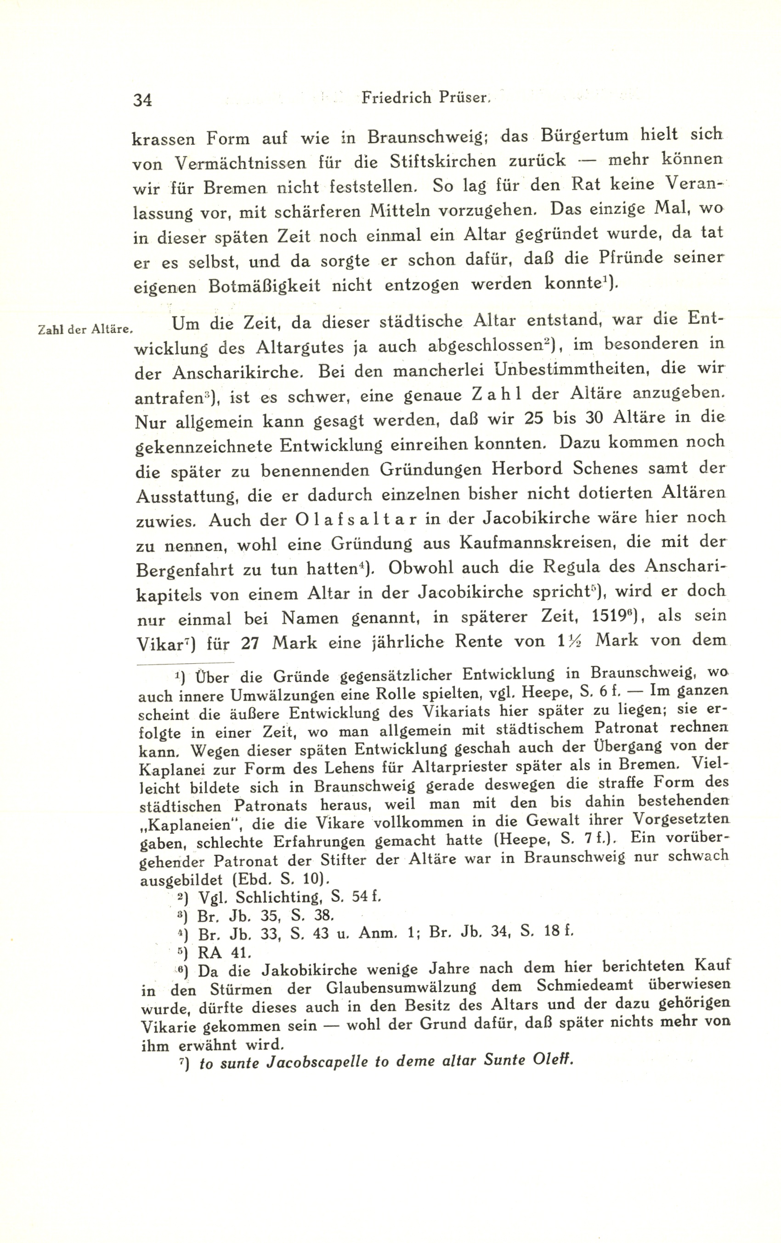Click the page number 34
pyautogui.click(x=142, y=99)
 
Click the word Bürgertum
pyautogui.click(x=584, y=136)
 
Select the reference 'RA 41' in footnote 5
pyautogui.click(x=217, y=952)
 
